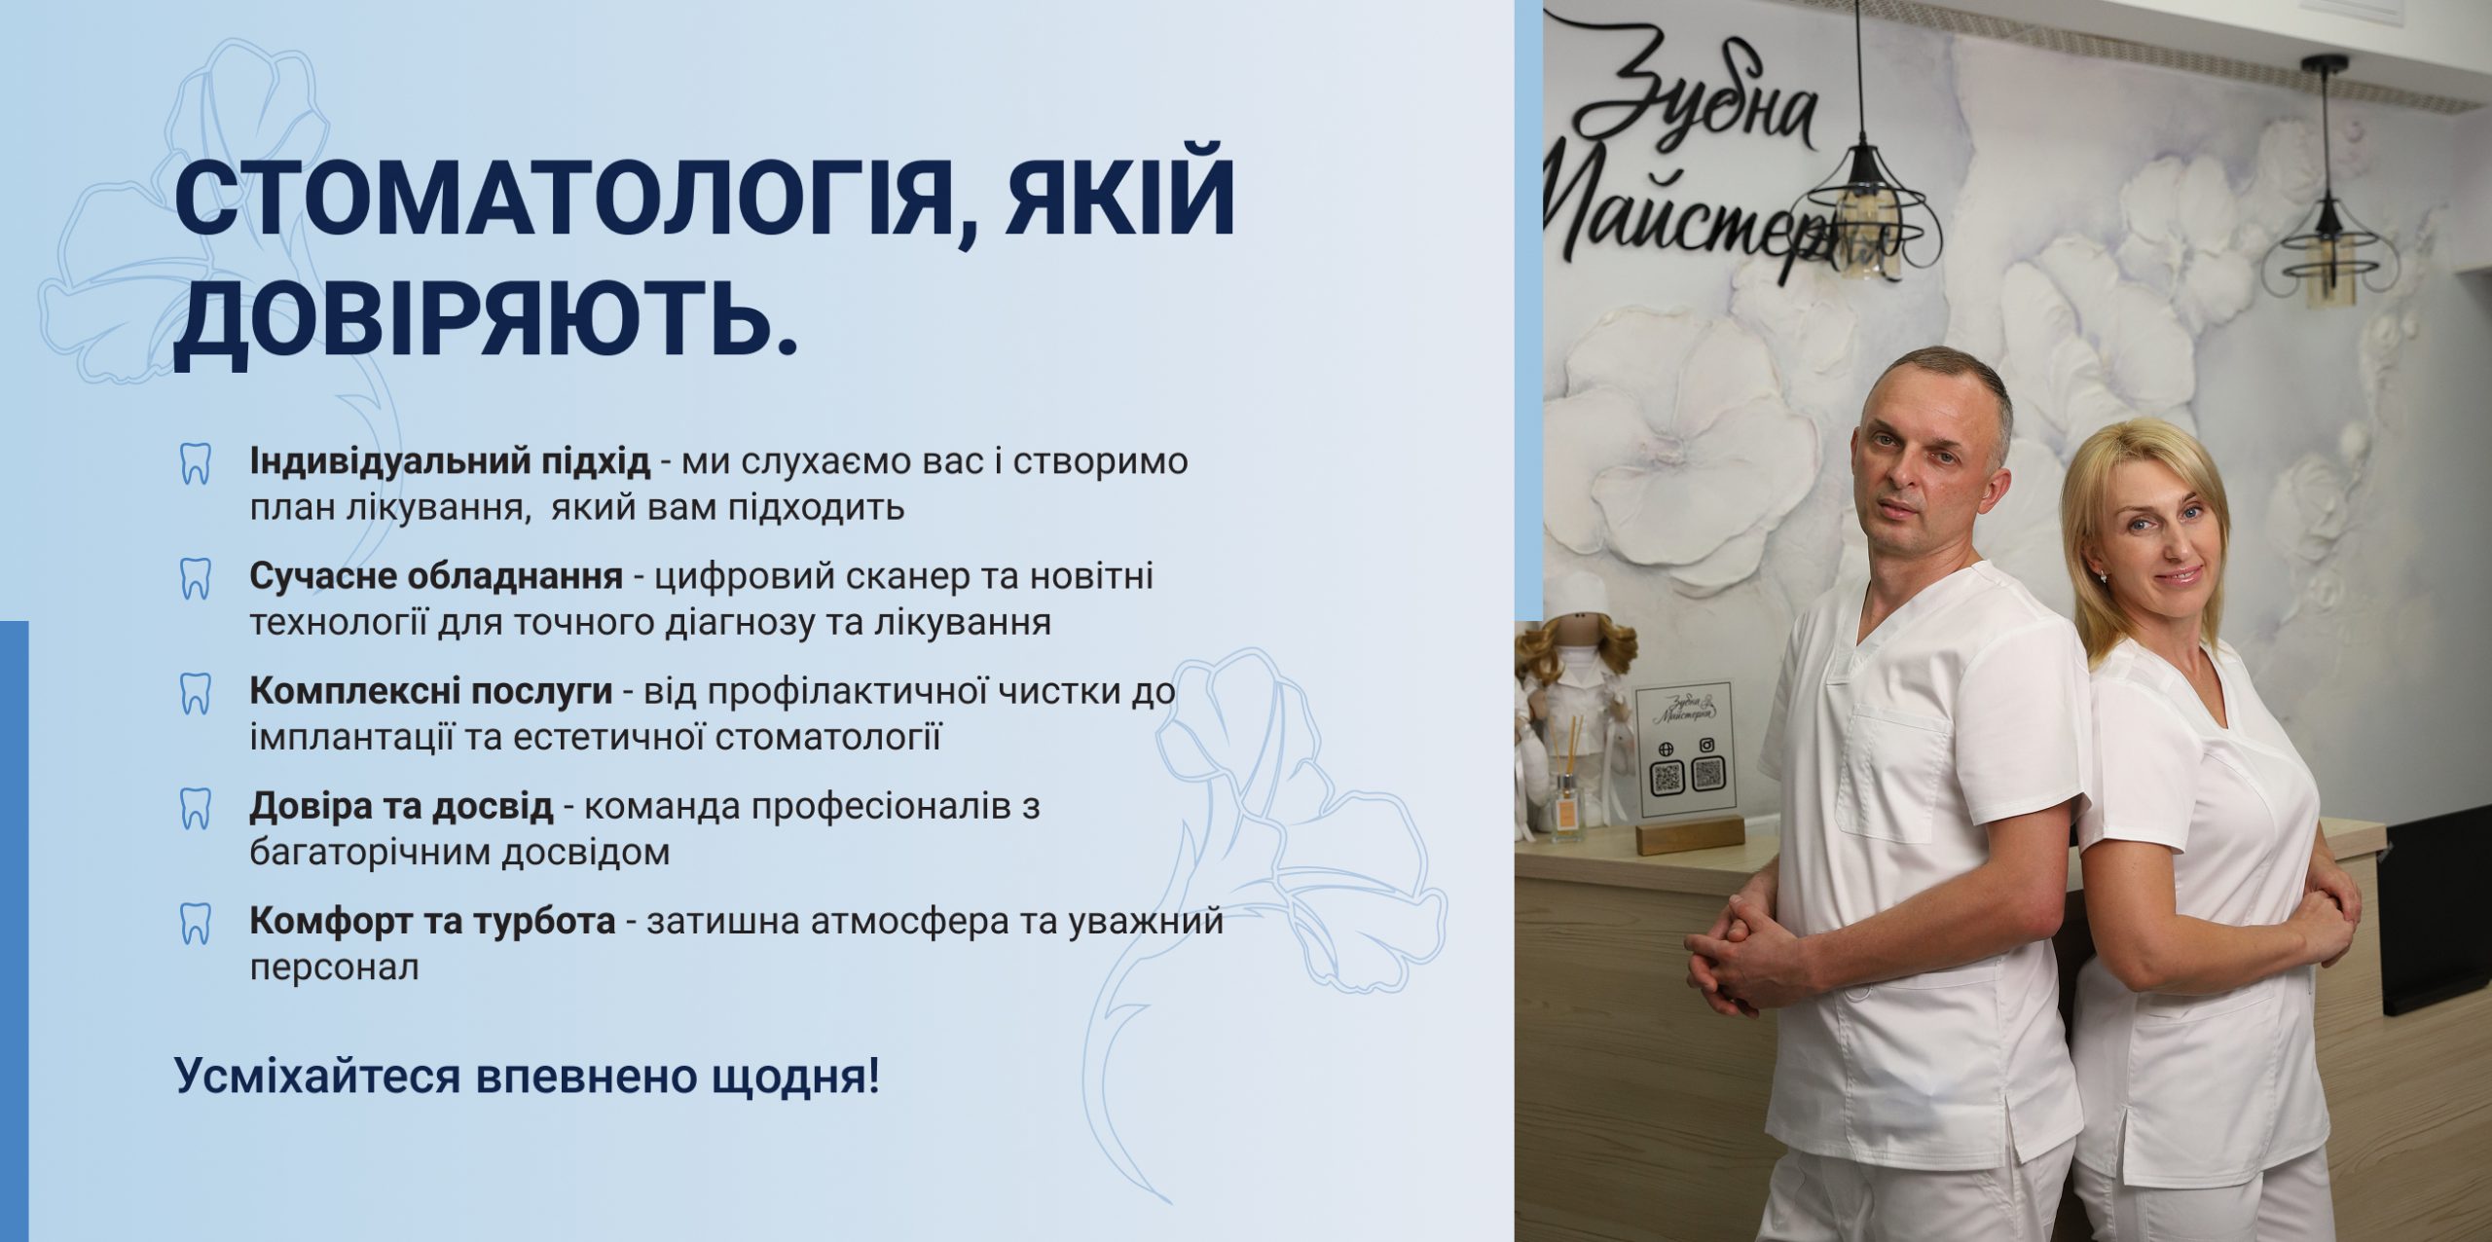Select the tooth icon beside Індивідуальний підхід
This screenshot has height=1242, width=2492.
(x=196, y=464)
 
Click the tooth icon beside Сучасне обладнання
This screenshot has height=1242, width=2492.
(x=196, y=579)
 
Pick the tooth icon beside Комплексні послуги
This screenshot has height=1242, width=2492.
(x=196, y=694)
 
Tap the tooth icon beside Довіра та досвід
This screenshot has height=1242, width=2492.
(x=196, y=809)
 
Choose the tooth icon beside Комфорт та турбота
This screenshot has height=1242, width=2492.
(x=196, y=924)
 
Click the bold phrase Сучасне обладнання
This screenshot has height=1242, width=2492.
(x=436, y=576)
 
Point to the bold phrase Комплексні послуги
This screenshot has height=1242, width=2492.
(x=431, y=691)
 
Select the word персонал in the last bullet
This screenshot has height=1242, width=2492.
(x=334, y=969)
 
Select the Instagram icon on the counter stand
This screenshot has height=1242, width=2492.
(x=1706, y=746)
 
